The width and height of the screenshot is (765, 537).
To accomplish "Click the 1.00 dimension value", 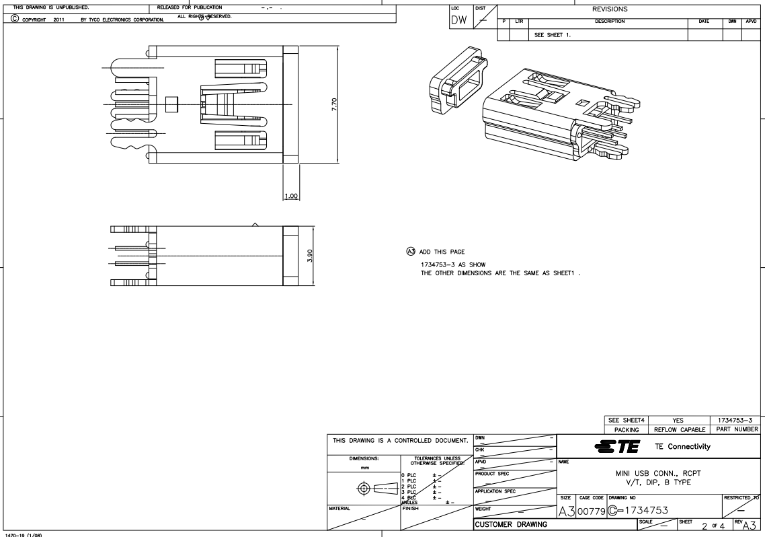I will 291,196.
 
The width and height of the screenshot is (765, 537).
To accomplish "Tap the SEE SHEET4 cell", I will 625,419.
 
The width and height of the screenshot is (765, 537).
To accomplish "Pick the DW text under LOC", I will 460,21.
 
